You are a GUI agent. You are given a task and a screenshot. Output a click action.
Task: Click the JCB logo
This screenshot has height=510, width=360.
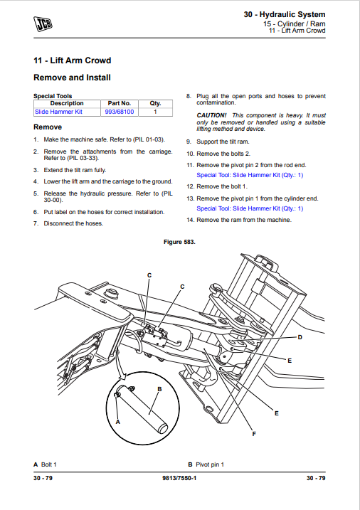(43, 24)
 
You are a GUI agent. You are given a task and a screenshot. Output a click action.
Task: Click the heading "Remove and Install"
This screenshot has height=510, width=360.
(72, 78)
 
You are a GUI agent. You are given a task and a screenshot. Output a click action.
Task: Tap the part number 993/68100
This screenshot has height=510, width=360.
(120, 112)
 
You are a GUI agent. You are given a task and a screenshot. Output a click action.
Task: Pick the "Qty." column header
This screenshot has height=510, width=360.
(155, 103)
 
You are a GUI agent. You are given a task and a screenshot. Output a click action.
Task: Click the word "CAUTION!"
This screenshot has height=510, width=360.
(211, 115)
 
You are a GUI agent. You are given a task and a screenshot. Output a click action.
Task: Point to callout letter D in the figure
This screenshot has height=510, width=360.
(300, 337)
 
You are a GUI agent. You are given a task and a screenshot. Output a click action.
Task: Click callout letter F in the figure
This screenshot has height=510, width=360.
(254, 434)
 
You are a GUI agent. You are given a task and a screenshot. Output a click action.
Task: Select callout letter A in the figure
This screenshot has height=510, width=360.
(118, 422)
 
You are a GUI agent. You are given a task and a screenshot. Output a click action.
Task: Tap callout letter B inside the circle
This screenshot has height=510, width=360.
(159, 389)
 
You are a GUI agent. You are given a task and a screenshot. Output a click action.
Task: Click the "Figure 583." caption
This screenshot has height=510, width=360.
(179, 242)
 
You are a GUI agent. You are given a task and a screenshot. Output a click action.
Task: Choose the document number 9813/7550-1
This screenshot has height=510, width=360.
(179, 478)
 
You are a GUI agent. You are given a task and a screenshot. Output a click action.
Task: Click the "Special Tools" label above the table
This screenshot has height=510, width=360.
(53, 96)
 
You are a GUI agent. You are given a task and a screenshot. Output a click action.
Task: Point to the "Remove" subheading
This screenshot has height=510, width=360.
(48, 127)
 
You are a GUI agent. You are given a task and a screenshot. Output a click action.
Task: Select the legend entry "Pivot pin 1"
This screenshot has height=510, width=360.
(210, 464)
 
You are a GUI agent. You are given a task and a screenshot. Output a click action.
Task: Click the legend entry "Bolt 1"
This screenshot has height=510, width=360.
(49, 464)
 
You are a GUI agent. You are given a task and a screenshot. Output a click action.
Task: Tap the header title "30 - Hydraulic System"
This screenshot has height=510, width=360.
(285, 15)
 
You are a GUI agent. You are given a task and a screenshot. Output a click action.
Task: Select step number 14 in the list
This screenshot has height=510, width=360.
(190, 221)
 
